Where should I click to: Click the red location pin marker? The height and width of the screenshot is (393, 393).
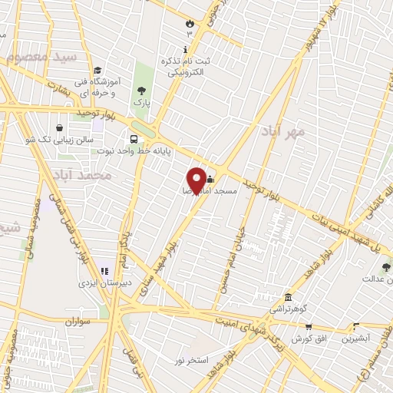(196, 180)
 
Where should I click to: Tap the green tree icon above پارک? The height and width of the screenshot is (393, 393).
(140, 91)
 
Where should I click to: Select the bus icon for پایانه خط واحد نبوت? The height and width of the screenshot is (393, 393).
(134, 140)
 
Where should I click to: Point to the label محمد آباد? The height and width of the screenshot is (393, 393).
(90, 176)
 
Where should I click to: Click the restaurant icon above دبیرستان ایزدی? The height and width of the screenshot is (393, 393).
(104, 270)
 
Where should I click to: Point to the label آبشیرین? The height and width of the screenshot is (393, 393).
(355, 338)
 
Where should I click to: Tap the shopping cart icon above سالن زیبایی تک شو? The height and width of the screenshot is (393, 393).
(59, 128)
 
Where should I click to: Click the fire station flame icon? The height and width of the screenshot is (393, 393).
(189, 23)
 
